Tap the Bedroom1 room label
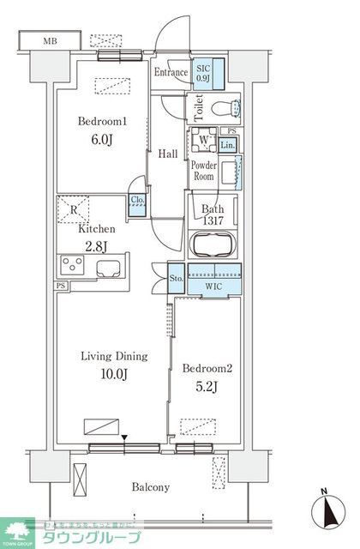(104, 122)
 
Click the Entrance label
(171, 74)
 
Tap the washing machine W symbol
(205, 141)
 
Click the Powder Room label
(202, 170)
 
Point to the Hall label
(168, 154)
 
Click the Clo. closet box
(137, 202)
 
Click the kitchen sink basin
(111, 267)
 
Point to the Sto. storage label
(175, 278)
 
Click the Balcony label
(150, 486)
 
